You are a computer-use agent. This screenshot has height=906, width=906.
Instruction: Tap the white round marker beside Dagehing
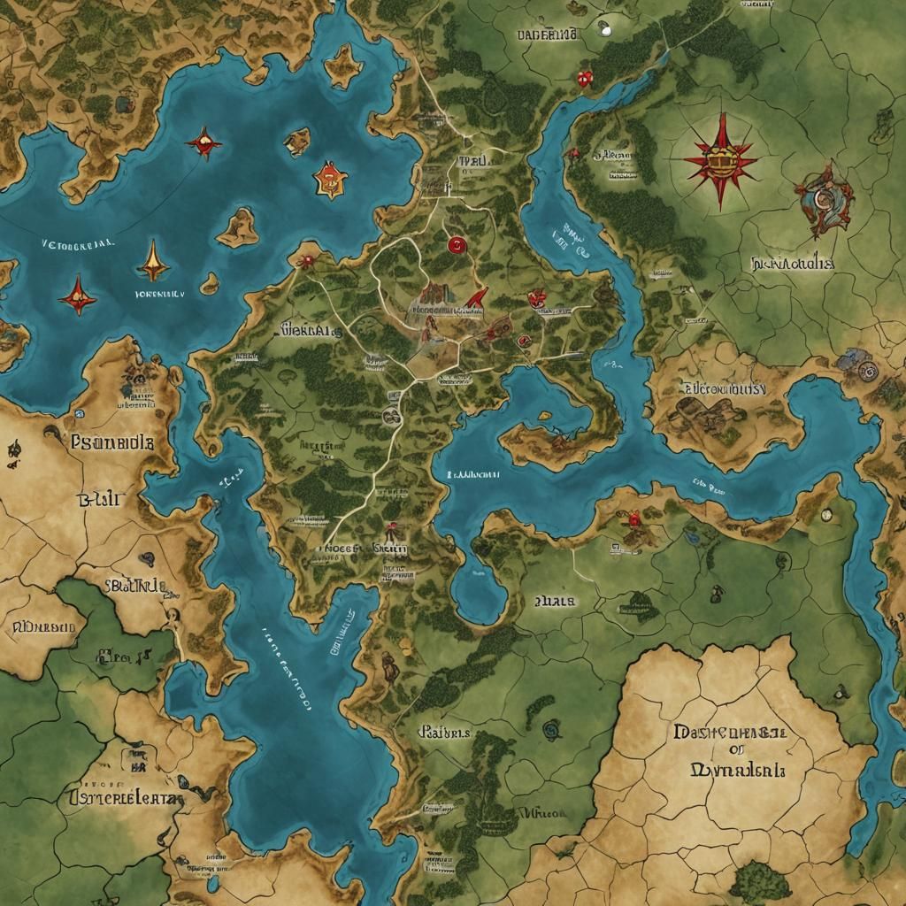click(604, 28)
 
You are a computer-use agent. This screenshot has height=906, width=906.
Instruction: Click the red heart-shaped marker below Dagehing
click(584, 80)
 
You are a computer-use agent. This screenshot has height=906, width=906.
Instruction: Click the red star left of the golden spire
click(77, 295)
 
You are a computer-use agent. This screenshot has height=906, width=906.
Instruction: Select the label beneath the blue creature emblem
click(793, 263)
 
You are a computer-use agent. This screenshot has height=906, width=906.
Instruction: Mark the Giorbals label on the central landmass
click(311, 331)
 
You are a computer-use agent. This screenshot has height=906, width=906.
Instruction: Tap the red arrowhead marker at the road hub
click(478, 297)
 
